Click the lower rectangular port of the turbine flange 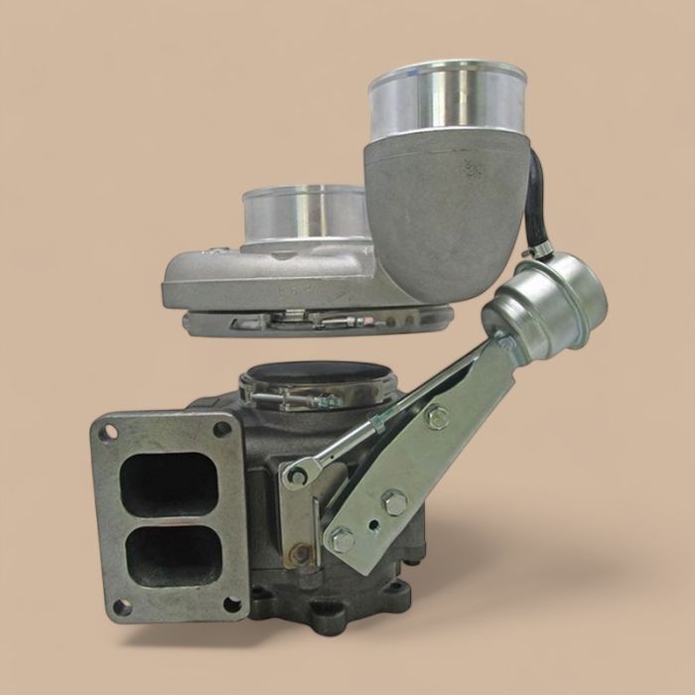tap(169, 553)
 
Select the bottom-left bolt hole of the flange tap(119, 606)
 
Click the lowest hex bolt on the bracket tap(342, 540)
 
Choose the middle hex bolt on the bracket tap(394, 503)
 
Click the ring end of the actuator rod tap(297, 476)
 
